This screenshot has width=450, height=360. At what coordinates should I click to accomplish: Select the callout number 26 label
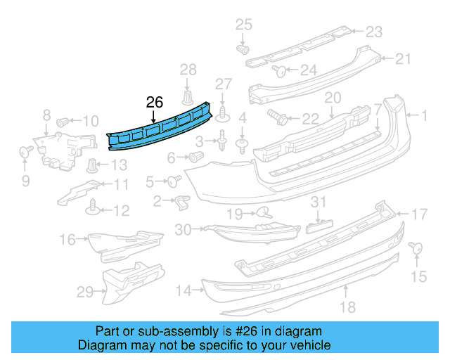pyautogui.click(x=155, y=103)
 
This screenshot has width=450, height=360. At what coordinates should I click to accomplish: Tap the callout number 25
pyautogui.click(x=243, y=25)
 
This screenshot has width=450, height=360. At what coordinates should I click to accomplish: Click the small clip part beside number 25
pyautogui.click(x=243, y=50)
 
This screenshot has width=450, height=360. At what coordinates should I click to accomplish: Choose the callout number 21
pyautogui.click(x=402, y=59)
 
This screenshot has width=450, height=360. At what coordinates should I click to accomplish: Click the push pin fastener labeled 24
pyautogui.click(x=278, y=70)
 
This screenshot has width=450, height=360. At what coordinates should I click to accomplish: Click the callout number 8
pyautogui.click(x=46, y=114)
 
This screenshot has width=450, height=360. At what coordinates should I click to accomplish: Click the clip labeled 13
pyautogui.click(x=92, y=166)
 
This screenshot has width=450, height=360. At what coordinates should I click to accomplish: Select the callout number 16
pyautogui.click(x=67, y=240)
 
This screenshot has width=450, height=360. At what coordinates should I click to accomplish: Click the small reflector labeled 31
pyautogui.click(x=319, y=226)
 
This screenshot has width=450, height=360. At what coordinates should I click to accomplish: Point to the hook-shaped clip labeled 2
pyautogui.click(x=181, y=202)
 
